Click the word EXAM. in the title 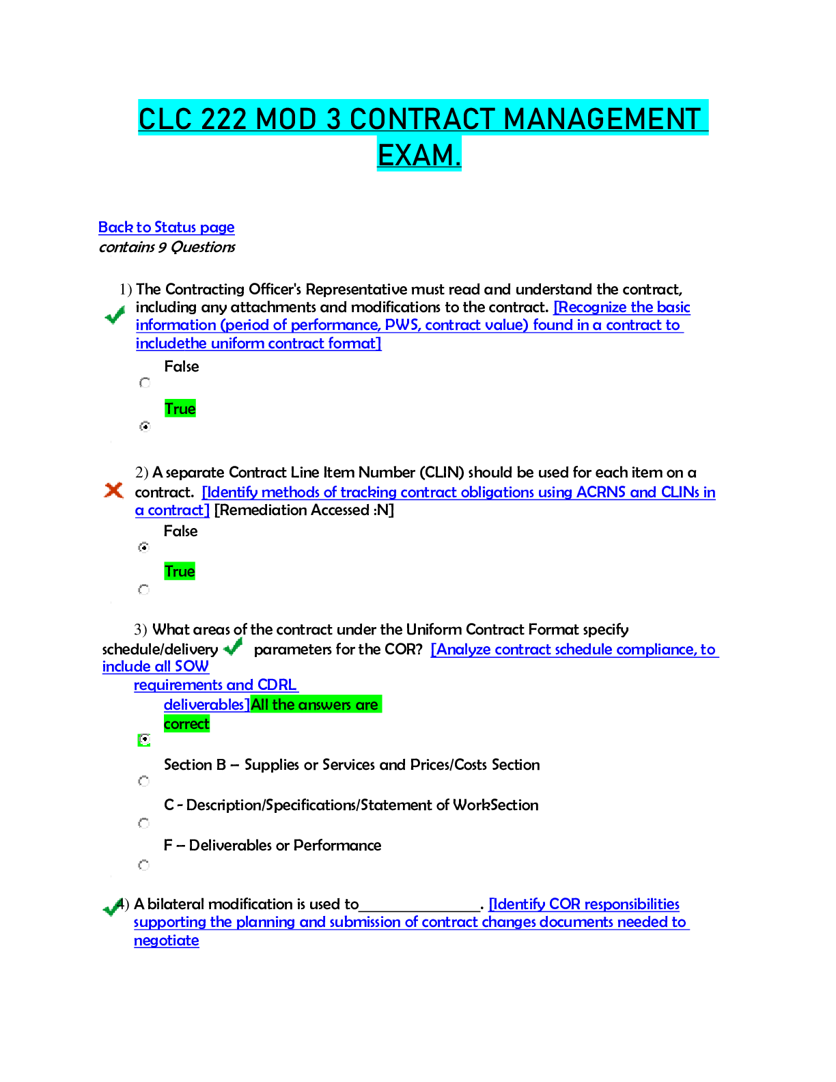(x=419, y=155)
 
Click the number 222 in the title (x=223, y=119)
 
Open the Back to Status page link (x=167, y=227)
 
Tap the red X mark (x=113, y=490)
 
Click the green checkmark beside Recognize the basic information (x=115, y=315)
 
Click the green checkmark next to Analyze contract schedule (x=233, y=646)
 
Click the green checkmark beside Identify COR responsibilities (x=113, y=907)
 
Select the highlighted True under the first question (x=180, y=408)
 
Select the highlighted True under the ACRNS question (x=180, y=571)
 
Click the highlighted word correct (x=186, y=723)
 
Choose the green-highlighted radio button (x=144, y=740)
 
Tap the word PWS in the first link (x=402, y=325)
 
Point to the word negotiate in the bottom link (x=167, y=941)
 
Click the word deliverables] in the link (x=206, y=704)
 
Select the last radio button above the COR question (x=144, y=865)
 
